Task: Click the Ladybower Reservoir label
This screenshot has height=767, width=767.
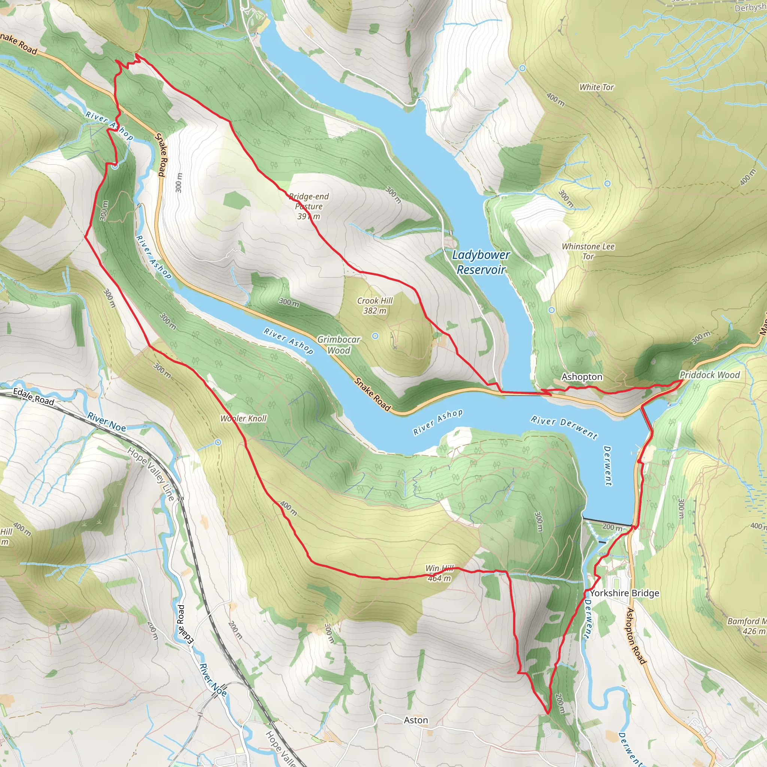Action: coord(481,262)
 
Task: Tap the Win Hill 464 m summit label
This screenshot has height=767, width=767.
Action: coord(439,573)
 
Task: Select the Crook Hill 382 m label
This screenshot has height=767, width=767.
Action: coord(375,305)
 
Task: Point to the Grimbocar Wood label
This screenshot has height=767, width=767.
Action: coord(339,345)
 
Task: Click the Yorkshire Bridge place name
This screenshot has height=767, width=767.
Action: coord(624,593)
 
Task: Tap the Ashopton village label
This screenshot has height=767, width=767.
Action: coord(582,377)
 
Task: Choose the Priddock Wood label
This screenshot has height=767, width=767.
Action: coord(709,375)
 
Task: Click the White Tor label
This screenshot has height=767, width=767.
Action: coord(596,87)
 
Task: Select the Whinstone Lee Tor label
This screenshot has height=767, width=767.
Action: coord(588,251)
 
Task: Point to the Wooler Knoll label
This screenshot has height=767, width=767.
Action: coord(243,418)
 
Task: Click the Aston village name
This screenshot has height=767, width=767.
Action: coord(416,720)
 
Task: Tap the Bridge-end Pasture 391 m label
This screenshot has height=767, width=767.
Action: coord(309,206)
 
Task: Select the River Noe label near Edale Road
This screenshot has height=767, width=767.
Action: coord(106,422)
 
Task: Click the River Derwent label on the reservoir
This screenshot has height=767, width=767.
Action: coord(564,427)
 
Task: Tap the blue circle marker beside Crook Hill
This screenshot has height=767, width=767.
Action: coord(375,336)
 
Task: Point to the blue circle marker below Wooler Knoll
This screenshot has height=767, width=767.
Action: coord(218,442)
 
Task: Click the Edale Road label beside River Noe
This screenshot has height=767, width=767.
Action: coord(34,397)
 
